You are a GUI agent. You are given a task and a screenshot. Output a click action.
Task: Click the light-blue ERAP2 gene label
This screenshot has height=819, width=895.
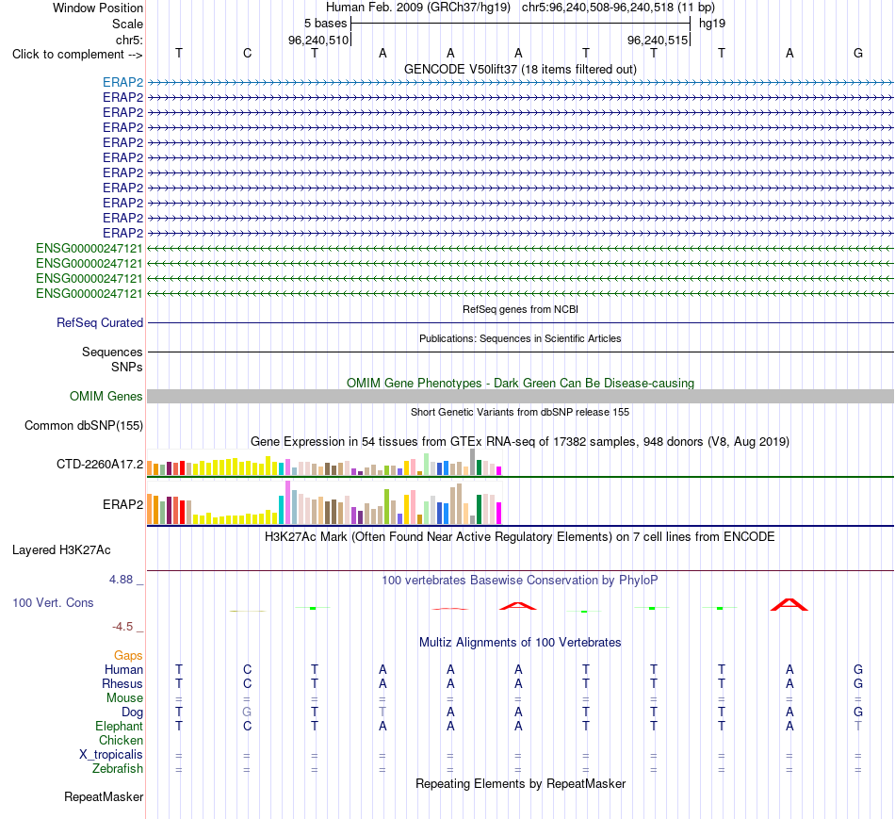(122, 82)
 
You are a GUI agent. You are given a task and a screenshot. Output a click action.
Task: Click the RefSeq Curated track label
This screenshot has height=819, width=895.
(100, 322)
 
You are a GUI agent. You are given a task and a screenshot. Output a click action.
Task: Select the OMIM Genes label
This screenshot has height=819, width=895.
(106, 397)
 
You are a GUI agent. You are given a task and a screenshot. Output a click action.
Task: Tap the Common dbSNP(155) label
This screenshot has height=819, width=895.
(84, 425)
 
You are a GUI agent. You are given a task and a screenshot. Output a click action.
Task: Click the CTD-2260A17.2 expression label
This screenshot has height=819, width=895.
(100, 465)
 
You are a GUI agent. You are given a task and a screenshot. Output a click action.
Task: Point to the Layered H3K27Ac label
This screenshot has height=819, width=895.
(61, 550)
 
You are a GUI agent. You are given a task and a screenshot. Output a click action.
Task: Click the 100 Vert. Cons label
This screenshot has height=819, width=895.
(53, 602)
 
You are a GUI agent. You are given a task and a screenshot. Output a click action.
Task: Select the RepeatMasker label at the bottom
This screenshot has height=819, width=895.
(104, 796)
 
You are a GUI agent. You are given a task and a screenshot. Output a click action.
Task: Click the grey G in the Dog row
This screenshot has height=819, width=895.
(247, 713)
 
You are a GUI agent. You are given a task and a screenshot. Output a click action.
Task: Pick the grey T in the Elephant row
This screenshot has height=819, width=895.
(858, 727)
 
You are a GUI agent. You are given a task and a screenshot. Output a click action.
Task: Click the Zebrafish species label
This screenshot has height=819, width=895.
(118, 769)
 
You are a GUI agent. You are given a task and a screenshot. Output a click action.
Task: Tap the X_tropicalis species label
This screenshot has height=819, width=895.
(111, 755)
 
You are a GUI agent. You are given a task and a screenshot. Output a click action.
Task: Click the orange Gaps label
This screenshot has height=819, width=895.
(128, 656)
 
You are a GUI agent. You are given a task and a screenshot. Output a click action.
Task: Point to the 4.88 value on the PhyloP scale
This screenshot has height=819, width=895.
(121, 580)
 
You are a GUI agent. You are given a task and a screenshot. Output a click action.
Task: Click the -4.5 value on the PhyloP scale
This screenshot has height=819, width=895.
(122, 627)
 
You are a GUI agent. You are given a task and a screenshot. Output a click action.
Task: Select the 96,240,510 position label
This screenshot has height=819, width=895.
(317, 40)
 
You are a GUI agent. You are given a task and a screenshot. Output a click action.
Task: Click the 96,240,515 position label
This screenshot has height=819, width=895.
(657, 40)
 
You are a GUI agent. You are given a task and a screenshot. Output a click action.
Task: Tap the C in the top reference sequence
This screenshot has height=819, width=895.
(247, 53)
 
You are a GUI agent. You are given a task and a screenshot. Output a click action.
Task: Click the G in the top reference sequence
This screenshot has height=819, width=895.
(858, 53)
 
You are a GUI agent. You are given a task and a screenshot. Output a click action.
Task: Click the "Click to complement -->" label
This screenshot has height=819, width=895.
(77, 55)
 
